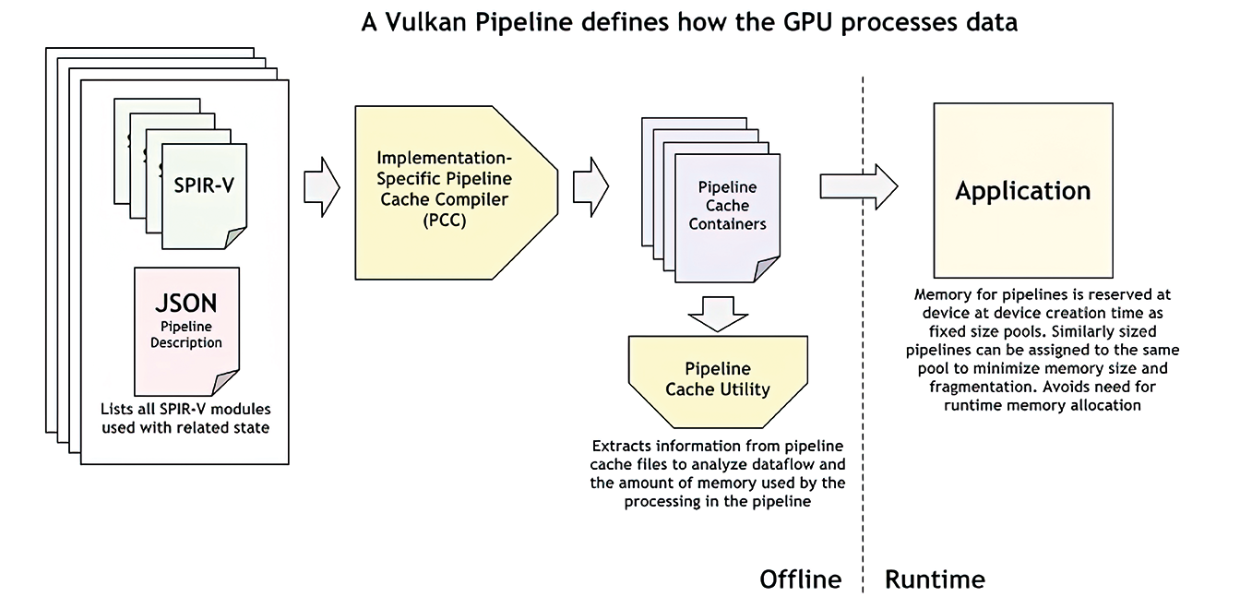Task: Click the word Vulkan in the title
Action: [424, 22]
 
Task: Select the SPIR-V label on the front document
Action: [204, 185]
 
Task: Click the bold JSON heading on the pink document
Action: [186, 304]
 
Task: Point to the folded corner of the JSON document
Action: [226, 383]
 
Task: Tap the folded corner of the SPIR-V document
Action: [235, 238]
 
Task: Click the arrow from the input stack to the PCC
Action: [322, 187]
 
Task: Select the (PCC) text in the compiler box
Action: [445, 221]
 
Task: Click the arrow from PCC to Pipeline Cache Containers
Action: [590, 187]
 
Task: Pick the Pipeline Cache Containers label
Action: [727, 206]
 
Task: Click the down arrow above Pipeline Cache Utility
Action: [718, 314]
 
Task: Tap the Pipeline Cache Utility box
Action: [718, 381]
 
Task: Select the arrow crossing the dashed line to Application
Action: [859, 186]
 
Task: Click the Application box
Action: [1023, 190]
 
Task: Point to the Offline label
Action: [801, 579]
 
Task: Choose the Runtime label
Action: [935, 579]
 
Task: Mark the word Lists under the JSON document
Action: [114, 409]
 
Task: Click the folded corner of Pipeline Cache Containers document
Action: [768, 269]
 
